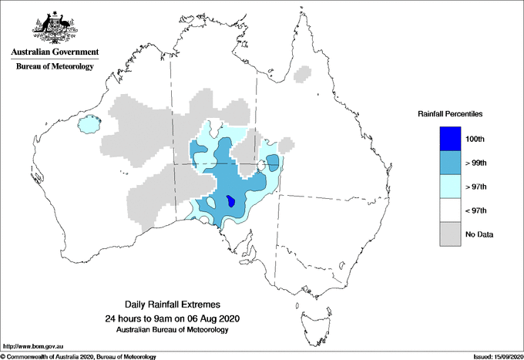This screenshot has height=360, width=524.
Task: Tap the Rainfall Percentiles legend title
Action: point(450,113)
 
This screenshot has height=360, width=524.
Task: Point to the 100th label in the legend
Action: point(475,140)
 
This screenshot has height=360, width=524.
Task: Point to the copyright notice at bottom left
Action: point(79,356)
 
